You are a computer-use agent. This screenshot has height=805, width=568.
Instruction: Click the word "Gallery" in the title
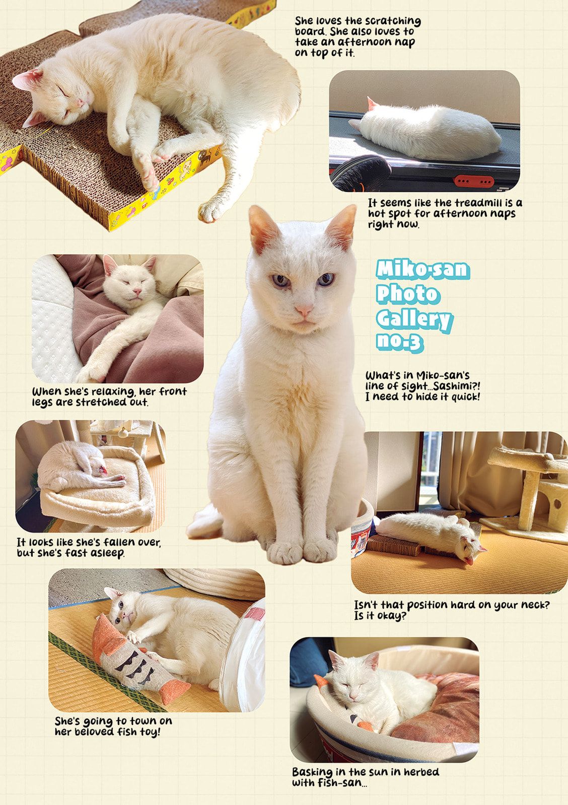pos(414,319)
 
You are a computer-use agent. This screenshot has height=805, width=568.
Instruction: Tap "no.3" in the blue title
pos(399,342)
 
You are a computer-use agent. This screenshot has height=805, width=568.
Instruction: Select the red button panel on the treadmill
pos(474,181)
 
